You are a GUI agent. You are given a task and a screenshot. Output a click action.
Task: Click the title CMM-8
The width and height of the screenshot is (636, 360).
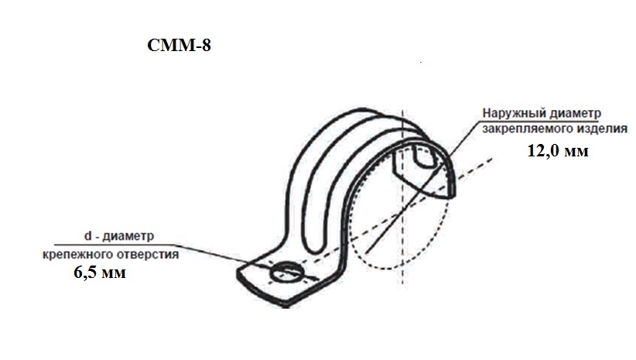pos(179,45)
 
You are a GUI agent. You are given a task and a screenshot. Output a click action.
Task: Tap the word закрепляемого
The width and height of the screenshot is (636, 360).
pos(520,129)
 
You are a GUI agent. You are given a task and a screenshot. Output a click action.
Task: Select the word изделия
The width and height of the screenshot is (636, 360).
pos(594,129)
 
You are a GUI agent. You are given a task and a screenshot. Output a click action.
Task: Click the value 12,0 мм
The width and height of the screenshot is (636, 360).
pos(558,151)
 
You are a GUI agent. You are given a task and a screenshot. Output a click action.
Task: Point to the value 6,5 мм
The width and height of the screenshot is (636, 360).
pos(100,272)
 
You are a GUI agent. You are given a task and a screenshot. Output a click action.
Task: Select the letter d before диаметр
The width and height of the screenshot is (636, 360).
pos(87,236)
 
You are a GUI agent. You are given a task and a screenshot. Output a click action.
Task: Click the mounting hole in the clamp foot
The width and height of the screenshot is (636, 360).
pos(286,273)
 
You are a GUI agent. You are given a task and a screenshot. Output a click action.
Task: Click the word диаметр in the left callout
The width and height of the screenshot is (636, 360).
pos(128,236)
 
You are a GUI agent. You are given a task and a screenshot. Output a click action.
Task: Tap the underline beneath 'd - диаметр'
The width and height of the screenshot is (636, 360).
pos(115,245)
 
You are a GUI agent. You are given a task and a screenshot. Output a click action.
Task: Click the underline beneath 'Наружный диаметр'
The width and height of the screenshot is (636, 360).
pos(540,121)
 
